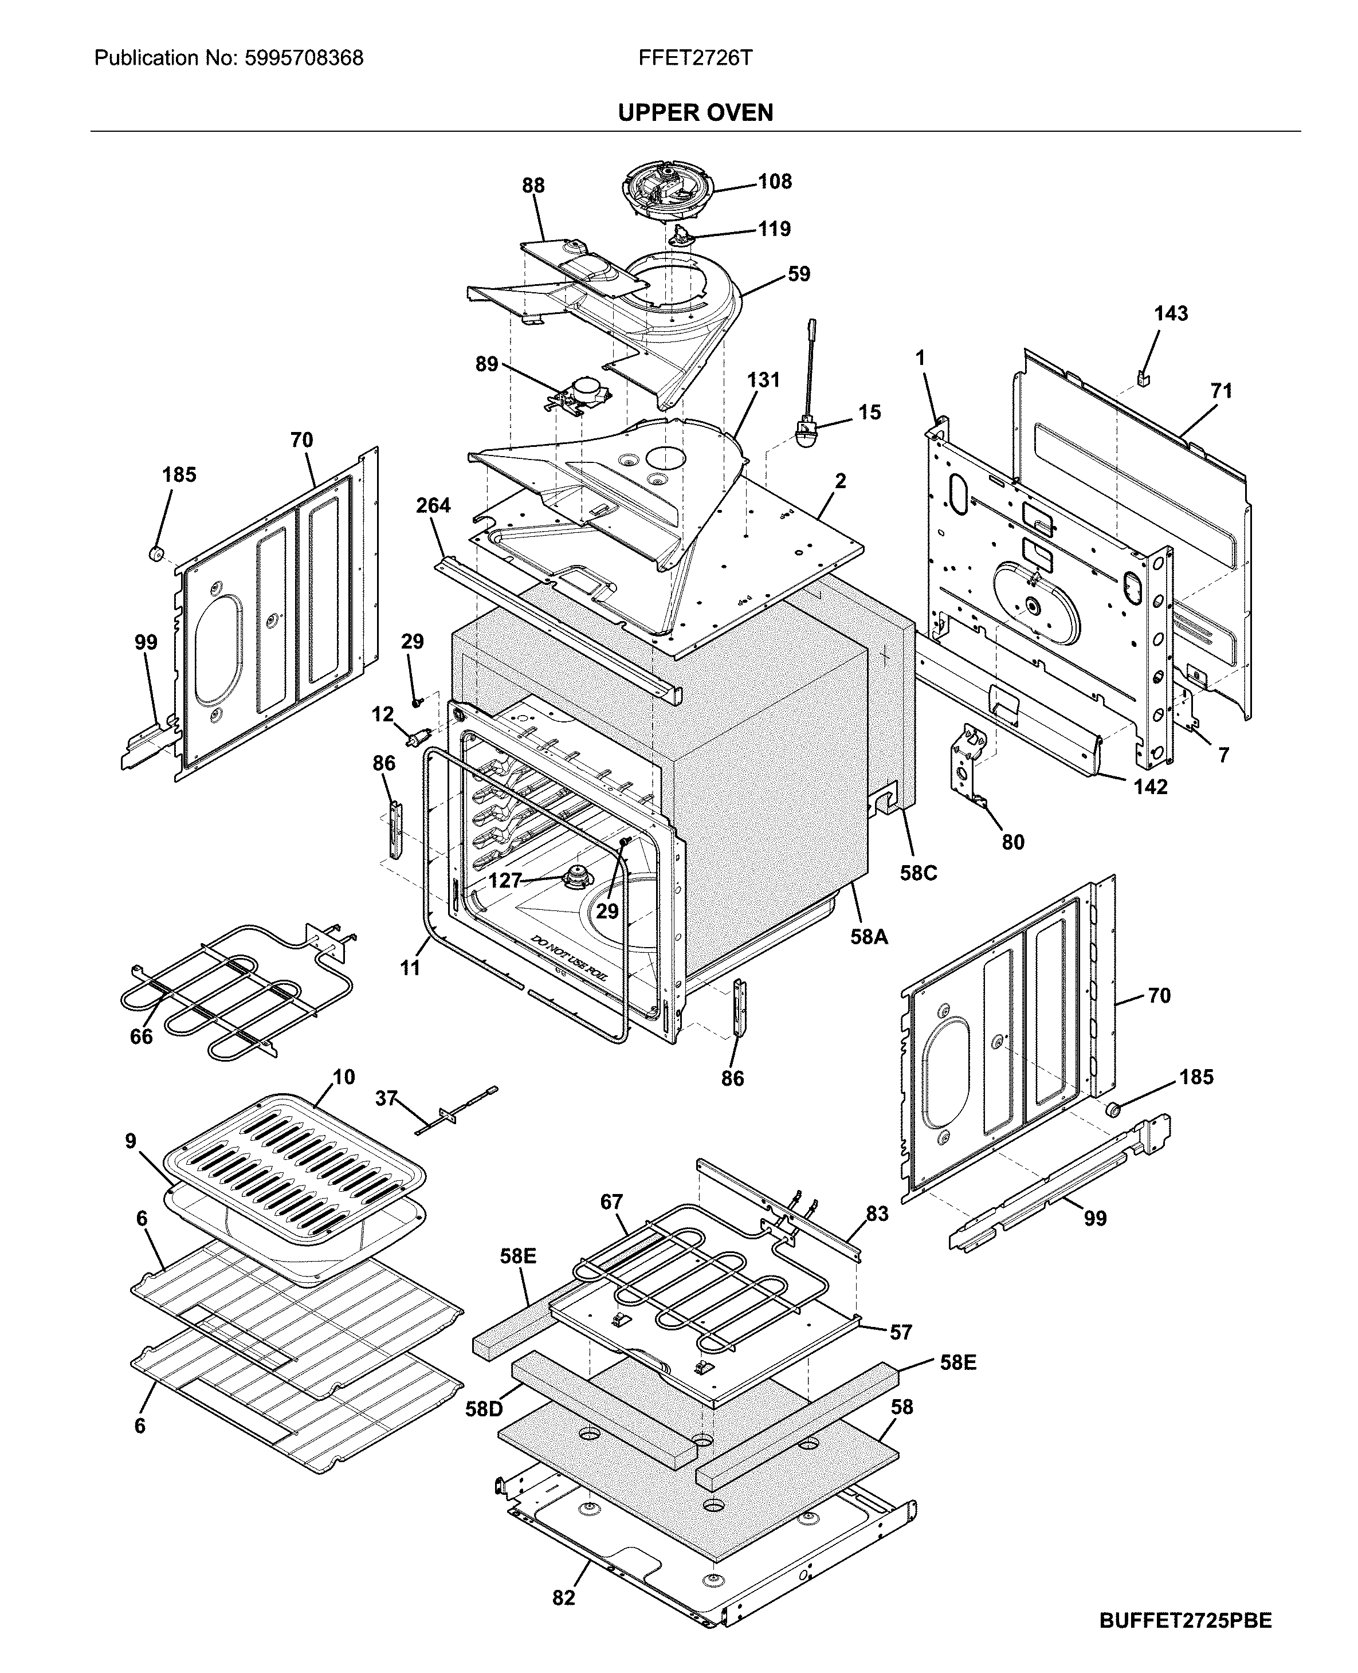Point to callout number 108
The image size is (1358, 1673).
[775, 182]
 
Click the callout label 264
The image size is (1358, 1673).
[433, 505]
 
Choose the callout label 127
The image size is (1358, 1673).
[505, 881]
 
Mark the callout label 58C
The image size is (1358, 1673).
[917, 873]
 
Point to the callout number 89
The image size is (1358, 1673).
[486, 364]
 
